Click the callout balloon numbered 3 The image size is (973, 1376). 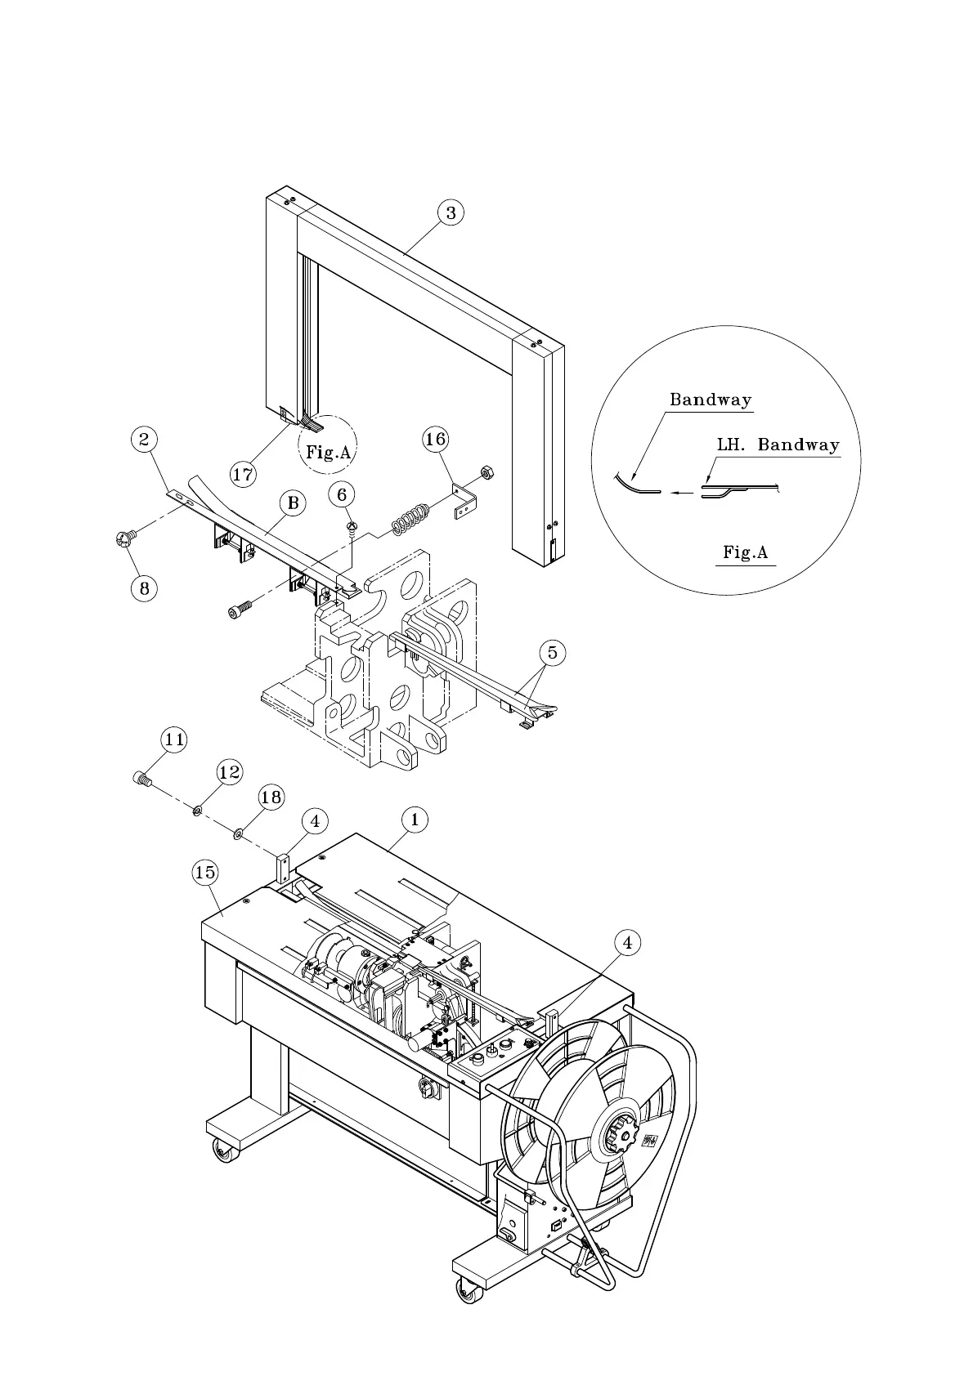451,212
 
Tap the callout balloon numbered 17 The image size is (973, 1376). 244,473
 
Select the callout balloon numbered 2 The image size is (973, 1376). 144,440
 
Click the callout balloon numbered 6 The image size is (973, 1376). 343,494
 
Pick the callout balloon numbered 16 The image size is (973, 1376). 435,440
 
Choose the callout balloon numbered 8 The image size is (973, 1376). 144,587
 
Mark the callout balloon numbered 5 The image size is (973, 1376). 552,653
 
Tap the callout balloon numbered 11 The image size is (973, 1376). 173,740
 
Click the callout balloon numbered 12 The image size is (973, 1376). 230,771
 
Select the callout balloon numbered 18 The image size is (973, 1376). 271,797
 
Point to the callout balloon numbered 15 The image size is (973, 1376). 205,873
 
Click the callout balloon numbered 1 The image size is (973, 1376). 415,820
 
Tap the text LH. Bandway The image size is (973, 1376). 778,445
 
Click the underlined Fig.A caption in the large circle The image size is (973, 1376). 745,552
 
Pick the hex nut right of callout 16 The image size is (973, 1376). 483,471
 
